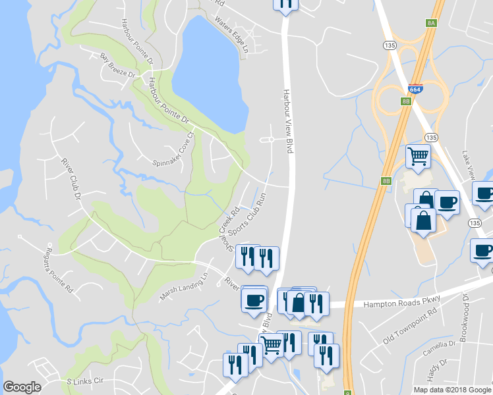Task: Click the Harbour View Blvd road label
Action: [287, 121]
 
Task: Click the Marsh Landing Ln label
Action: [183, 288]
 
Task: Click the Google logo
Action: [22, 387]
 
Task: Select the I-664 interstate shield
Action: [415, 88]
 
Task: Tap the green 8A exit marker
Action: [432, 22]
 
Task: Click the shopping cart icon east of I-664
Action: [418, 156]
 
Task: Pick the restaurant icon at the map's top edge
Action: [285, 4]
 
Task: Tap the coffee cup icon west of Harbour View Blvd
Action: [254, 300]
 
